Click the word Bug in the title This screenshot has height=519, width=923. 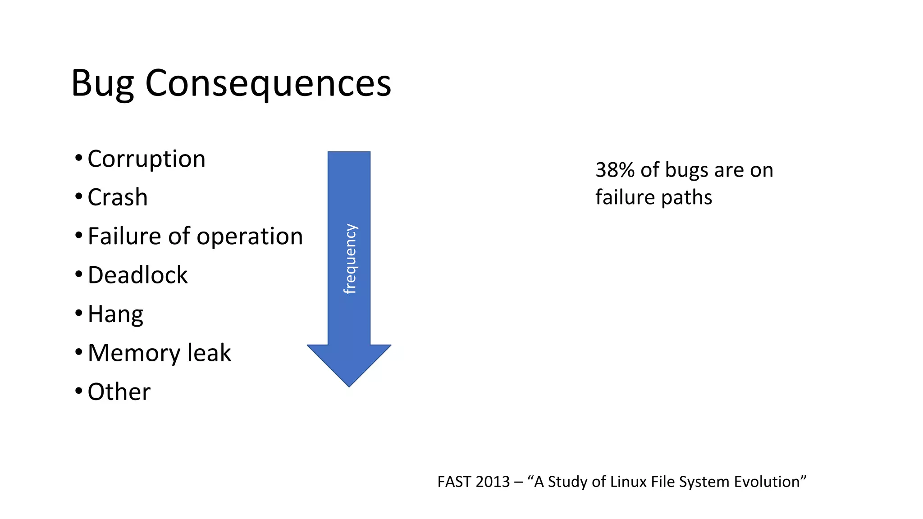tap(102, 84)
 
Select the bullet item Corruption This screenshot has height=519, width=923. tap(146, 159)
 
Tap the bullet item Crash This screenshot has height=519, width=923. tap(117, 197)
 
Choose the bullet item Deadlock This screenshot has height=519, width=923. tap(137, 275)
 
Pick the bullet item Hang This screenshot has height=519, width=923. tap(115, 314)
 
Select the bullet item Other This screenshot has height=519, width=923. tap(119, 392)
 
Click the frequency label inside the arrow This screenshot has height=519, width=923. tap(350, 259)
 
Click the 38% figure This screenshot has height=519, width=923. tap(613, 170)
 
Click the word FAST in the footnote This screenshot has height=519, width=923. tap(454, 482)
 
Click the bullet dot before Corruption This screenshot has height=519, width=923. tap(79, 159)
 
